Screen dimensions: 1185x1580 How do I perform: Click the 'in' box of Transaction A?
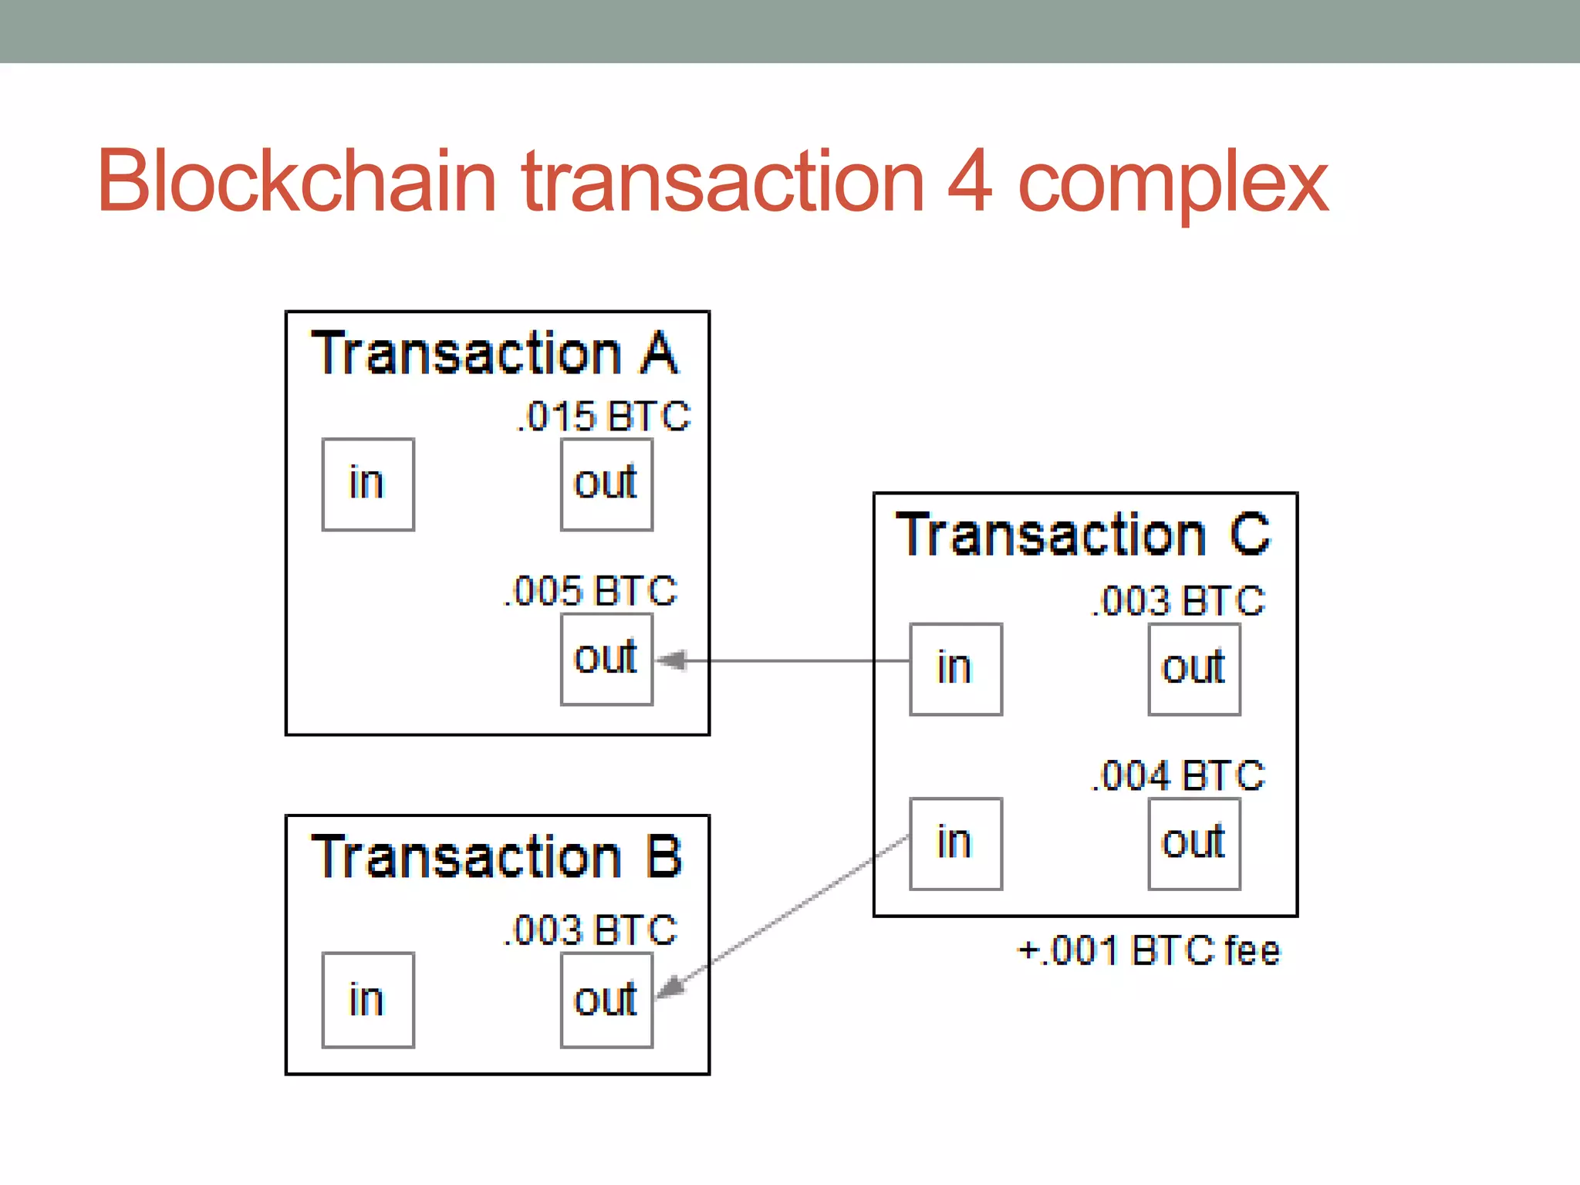pos(368,484)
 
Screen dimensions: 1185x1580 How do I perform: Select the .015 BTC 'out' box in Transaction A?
pos(606,484)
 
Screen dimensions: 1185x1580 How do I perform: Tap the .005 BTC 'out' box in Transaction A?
pos(606,660)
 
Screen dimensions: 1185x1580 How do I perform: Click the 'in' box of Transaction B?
pos(368,1000)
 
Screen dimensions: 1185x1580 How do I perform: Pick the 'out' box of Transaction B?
pos(606,1000)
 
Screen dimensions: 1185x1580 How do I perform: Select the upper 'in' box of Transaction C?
pos(956,669)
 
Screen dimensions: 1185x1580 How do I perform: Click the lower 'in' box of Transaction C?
pos(956,843)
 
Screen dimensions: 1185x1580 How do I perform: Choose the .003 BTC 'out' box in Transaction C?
pos(1194,669)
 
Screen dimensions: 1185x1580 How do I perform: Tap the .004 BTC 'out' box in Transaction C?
pos(1194,843)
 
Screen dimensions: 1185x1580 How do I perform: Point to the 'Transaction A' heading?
pos(495,354)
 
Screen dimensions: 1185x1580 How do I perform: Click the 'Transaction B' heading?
pos(496,857)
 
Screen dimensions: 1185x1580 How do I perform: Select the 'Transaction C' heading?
pos(1082,535)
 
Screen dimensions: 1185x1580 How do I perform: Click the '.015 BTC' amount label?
pos(603,417)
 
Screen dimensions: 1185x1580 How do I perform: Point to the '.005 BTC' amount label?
pos(591,592)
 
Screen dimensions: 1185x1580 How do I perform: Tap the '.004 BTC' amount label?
pos(1179,776)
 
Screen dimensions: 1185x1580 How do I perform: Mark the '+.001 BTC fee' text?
pos(1149,950)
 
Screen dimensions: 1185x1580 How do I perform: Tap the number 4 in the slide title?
pos(969,181)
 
